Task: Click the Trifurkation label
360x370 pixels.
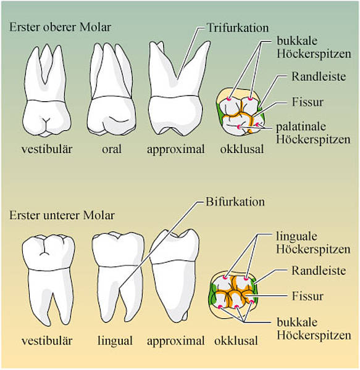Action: (238, 28)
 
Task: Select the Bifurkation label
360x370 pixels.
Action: (235, 202)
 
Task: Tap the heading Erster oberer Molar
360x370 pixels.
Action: (60, 27)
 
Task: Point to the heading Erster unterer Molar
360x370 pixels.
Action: (62, 215)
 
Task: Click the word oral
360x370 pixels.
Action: (112, 149)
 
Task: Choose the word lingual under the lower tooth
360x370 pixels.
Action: (115, 341)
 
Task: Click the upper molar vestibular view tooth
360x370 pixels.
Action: (47, 91)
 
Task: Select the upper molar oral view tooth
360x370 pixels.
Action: (112, 89)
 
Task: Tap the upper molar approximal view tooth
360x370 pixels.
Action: (176, 88)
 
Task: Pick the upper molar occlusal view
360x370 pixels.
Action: (240, 112)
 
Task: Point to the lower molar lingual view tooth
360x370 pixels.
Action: (118, 279)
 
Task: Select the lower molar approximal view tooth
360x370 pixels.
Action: (174, 276)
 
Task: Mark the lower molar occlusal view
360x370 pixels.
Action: (233, 295)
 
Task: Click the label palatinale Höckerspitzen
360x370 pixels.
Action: (313, 133)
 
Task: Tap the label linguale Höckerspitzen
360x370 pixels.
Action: (313, 243)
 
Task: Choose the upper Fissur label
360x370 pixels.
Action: (308, 102)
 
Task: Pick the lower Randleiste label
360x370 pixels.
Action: (319, 271)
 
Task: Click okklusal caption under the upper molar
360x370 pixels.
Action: (242, 149)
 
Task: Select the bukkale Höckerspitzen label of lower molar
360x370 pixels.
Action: (314, 329)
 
